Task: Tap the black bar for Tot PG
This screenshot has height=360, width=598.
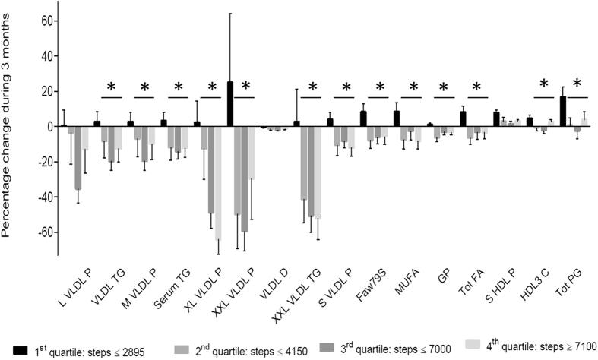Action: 562,112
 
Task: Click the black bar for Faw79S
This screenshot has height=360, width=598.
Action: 363,118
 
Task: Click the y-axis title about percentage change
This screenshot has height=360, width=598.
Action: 9,129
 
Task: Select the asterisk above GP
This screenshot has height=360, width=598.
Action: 446,85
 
